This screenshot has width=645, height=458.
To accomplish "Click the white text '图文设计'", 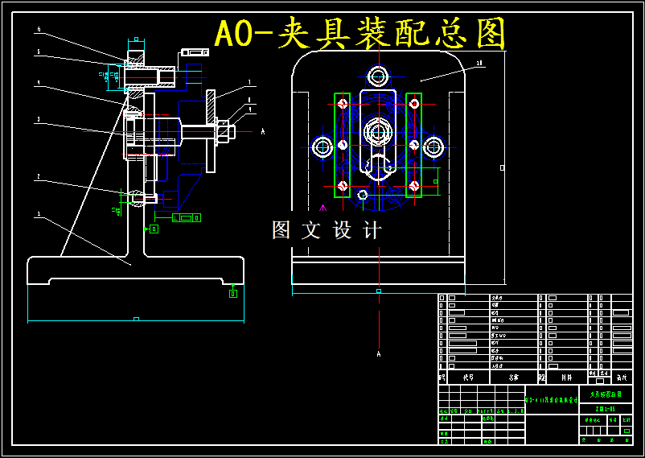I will tap(327, 230).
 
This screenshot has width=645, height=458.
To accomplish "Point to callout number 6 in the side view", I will tap(39, 30).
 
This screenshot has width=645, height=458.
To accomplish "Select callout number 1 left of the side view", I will tap(39, 215).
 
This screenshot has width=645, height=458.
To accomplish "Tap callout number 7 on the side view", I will tap(249, 82).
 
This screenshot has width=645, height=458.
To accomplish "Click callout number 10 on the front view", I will tap(479, 63).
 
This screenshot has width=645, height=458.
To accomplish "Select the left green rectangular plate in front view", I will tap(343, 145).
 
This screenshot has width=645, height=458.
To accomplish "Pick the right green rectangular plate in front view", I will tap(414, 145).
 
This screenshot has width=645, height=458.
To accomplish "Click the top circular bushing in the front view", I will tap(377, 77).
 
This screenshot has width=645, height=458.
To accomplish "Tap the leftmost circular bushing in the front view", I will tap(322, 146).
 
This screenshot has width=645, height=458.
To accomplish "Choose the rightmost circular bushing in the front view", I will tap(434, 146).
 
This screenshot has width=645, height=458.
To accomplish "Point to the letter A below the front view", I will tap(378, 353).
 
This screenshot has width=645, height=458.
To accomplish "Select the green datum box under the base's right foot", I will tap(233, 293).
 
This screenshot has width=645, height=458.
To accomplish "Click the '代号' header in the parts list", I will tap(467, 376).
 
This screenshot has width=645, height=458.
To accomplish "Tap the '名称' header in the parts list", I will tap(513, 376).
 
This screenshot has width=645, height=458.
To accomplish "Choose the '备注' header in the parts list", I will tap(620, 376).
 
